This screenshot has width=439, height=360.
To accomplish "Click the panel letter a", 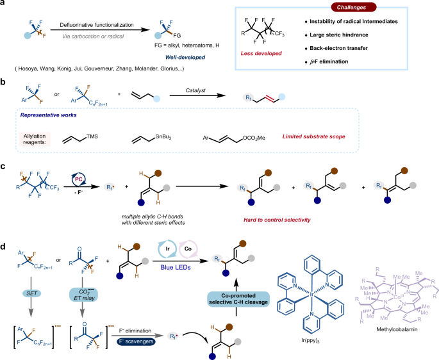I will (x=5, y=5).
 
